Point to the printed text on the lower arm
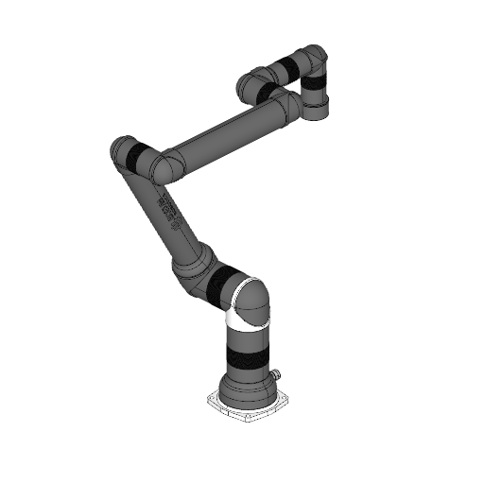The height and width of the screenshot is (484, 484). point(170,213)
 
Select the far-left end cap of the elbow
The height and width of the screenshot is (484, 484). point(117,151)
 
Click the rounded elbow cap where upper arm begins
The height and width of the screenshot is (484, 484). point(169,164)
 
